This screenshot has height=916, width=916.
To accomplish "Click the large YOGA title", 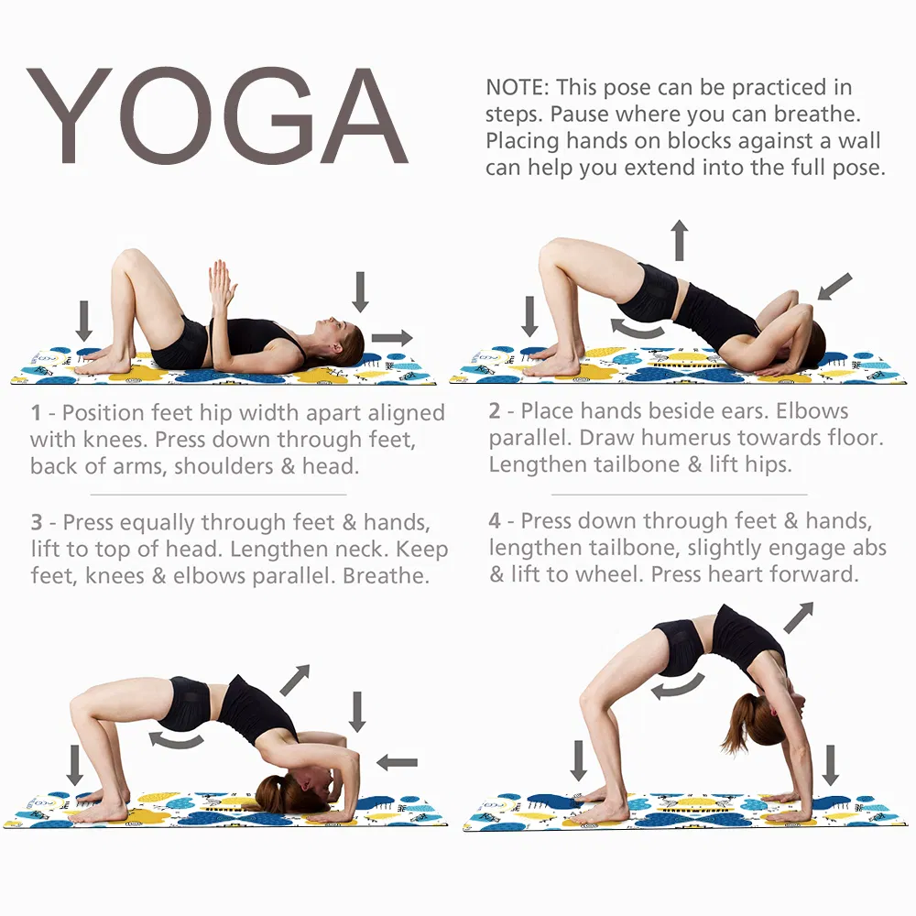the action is pos(217,115).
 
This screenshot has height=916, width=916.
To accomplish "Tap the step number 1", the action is pos(37,413).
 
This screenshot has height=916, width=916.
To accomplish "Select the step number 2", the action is pos(495,411).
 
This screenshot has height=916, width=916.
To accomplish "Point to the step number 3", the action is pos(37,522).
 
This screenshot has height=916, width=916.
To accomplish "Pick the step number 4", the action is pos(495,520).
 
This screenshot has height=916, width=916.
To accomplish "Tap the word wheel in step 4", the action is pos(614,574).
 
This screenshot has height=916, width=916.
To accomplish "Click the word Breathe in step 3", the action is pos(386,576).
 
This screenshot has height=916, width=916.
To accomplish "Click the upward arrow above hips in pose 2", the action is pos(679,240).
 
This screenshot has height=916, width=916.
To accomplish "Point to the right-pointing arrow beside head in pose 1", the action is pos(392,338).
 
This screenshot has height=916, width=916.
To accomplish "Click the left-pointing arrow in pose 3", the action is pos(398,762).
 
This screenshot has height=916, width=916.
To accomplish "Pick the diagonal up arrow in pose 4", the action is pos(798,618).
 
